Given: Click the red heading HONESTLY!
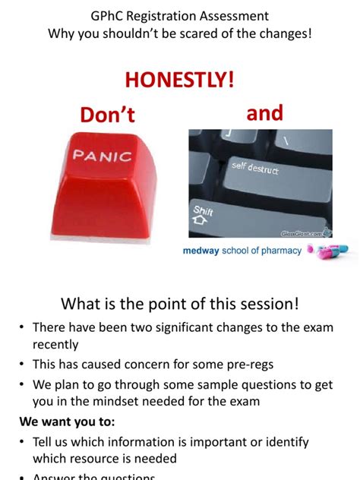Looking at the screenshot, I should [x=179, y=80].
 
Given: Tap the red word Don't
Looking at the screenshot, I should [x=107, y=115].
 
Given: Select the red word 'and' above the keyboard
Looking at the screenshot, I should [x=264, y=113].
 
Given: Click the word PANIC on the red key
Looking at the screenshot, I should [x=102, y=156].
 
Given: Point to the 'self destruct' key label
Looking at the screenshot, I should [x=255, y=167].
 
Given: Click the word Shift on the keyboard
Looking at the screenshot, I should [x=204, y=210].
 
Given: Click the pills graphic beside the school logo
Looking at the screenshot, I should [x=331, y=250].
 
